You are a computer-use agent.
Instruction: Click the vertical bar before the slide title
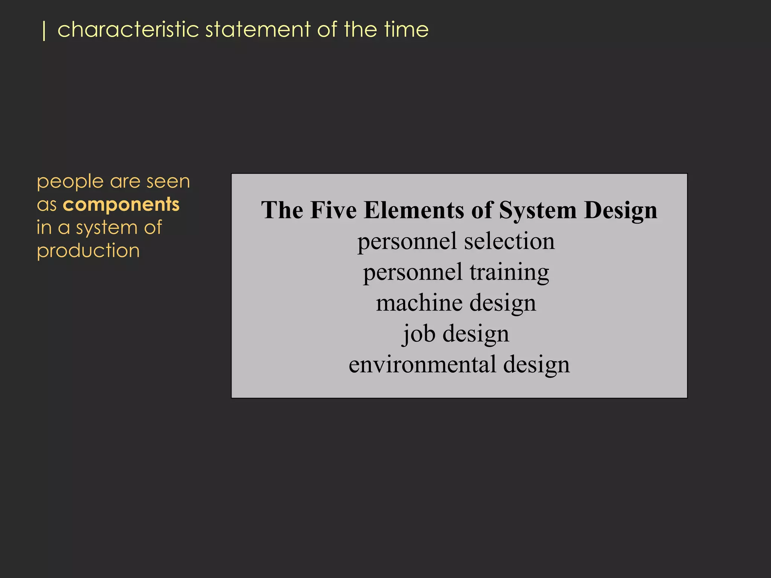click(44, 30)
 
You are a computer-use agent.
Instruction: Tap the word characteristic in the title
click(128, 30)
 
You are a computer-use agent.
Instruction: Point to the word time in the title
click(407, 30)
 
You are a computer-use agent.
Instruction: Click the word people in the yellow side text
click(70, 183)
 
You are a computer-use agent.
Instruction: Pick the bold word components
click(121, 205)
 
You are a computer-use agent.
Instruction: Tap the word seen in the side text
click(168, 182)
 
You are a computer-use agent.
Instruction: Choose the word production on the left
click(88, 251)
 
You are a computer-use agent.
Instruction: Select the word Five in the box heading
click(334, 210)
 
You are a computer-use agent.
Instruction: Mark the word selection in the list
click(509, 241)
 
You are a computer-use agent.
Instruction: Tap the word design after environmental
click(536, 365)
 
